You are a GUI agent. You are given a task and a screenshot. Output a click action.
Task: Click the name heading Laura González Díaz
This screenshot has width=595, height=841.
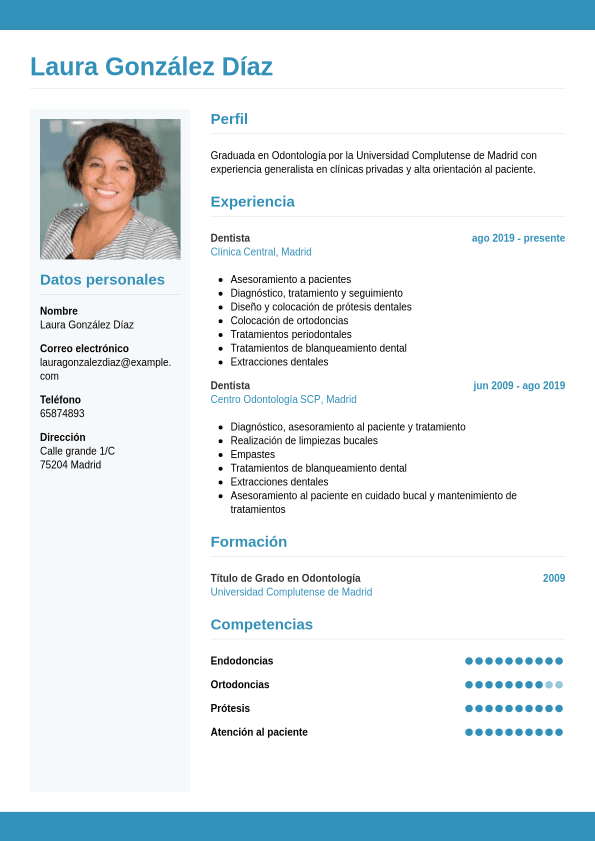click(151, 67)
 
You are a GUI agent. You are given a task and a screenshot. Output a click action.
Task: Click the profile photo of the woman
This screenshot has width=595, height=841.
click(110, 189)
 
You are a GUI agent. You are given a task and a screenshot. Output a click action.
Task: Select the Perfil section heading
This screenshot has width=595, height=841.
click(229, 119)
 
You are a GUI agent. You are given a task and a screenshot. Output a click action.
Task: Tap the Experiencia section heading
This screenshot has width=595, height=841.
click(252, 202)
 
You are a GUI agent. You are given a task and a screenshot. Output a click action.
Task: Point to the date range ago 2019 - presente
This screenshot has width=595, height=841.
click(518, 238)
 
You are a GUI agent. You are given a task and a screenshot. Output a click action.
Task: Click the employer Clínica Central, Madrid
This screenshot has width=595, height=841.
click(261, 252)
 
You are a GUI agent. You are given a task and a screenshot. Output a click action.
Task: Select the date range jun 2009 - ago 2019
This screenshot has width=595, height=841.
click(519, 385)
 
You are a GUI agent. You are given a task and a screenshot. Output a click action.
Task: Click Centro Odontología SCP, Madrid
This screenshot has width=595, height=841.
click(283, 399)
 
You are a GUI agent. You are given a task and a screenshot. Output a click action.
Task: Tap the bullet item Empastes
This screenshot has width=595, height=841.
click(252, 454)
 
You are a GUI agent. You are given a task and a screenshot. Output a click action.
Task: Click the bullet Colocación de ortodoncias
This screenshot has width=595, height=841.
click(289, 321)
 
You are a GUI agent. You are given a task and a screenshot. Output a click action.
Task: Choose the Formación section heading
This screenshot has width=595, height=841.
click(248, 542)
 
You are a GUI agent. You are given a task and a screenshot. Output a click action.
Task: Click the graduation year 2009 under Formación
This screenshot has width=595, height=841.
click(554, 578)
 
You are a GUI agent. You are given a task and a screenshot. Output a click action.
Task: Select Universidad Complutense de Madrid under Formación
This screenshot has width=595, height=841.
click(291, 592)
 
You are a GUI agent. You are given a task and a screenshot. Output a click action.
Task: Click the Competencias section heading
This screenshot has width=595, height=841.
click(261, 625)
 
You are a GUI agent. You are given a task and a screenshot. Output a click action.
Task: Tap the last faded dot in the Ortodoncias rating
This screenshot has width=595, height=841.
click(559, 685)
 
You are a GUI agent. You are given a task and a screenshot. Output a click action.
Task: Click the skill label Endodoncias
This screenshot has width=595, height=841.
click(242, 661)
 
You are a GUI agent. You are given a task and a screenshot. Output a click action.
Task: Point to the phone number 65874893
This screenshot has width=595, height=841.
click(62, 413)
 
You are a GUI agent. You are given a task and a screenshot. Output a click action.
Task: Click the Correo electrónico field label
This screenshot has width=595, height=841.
click(84, 348)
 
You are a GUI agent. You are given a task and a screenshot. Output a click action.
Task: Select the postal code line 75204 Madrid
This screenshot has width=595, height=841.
click(70, 465)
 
